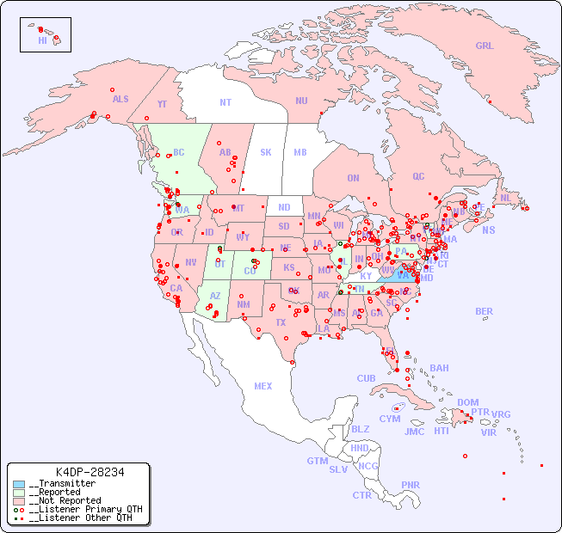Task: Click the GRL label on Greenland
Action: [x=485, y=46]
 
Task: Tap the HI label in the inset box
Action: [x=42, y=40]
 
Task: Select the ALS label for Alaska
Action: [x=120, y=99]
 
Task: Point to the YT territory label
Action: [x=162, y=104]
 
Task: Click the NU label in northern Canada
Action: [x=301, y=101]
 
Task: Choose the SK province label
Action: [x=266, y=152]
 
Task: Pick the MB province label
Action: [x=300, y=152]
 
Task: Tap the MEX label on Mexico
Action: [x=263, y=386]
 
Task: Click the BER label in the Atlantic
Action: [x=484, y=311]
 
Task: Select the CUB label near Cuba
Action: [x=366, y=378]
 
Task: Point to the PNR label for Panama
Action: [x=411, y=485]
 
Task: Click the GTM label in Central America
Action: [x=317, y=461]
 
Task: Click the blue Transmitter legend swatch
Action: [x=18, y=484]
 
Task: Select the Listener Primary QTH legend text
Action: [x=85, y=509]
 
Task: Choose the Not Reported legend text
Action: [x=68, y=500]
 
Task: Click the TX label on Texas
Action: [x=281, y=322]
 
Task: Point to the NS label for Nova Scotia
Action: [x=488, y=230]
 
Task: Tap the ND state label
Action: [x=284, y=207]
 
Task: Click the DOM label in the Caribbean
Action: [x=467, y=402]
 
